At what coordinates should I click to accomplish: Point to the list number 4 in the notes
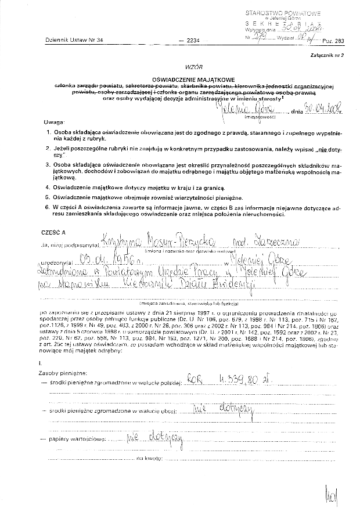coord(48,188)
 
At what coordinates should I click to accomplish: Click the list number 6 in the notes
coord(48,207)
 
